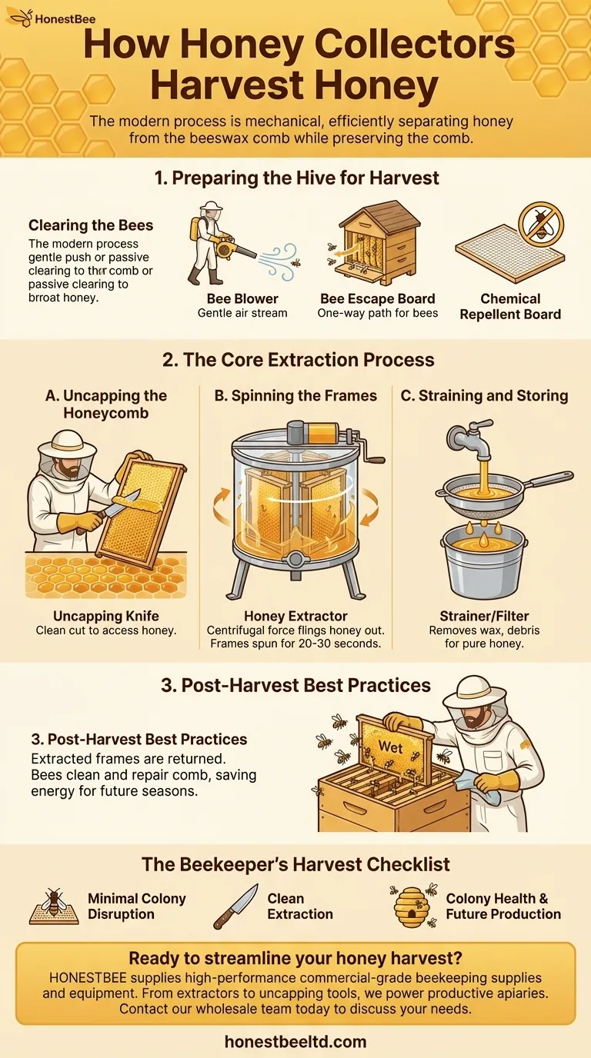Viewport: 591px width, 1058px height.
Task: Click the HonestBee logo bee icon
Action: pos(21,18)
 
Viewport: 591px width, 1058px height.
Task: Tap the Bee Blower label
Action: pos(242,299)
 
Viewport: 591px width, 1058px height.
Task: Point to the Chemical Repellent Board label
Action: pos(510,307)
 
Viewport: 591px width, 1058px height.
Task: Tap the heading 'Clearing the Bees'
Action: pos(91,225)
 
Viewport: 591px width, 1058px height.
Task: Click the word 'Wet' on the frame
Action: pos(390,747)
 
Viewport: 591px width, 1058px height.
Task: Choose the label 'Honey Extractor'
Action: pos(295,616)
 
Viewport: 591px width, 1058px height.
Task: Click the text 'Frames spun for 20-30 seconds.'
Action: pos(295,644)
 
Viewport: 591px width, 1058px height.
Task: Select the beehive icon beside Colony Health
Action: pos(412,907)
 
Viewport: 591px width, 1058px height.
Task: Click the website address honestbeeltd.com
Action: pos(295,1041)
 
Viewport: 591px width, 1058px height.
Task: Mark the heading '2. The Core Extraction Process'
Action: pos(299,360)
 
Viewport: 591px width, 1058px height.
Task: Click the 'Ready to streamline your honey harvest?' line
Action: pos(295,958)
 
